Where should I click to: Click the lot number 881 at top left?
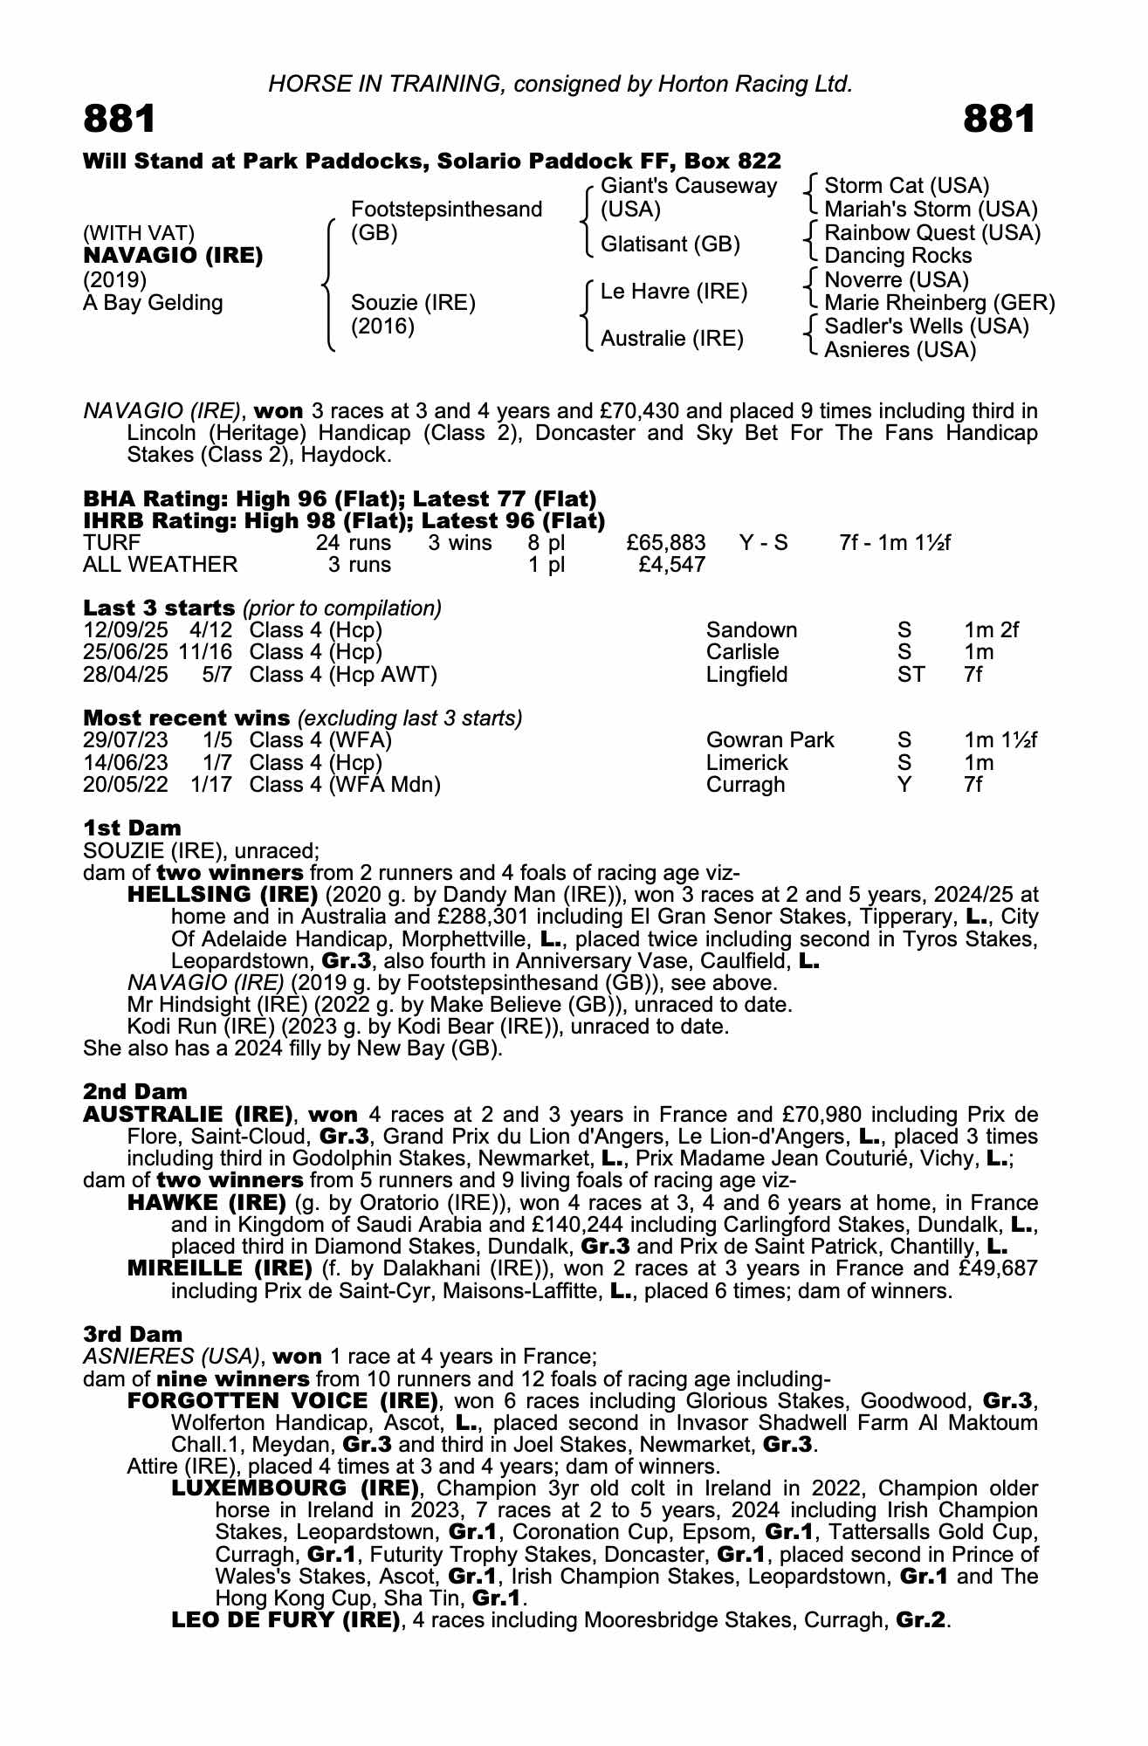tap(120, 119)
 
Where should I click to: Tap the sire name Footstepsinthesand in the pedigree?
tap(446, 210)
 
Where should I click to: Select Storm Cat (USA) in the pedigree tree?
tap(906, 186)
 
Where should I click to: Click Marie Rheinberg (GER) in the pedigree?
tap(939, 303)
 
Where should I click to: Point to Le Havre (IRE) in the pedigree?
tap(673, 292)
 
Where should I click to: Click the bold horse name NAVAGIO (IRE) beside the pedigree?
tap(173, 257)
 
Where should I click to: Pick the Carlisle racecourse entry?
tap(742, 652)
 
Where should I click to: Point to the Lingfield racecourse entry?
tap(746, 675)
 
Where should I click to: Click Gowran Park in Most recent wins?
tap(770, 740)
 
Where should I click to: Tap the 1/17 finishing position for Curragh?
tap(211, 785)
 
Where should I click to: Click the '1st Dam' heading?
tap(133, 828)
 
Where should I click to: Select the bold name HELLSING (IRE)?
tap(223, 895)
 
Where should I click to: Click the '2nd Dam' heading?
tap(135, 1091)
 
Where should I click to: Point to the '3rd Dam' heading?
tap(134, 1334)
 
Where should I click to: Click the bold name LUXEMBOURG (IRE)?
tap(297, 1488)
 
